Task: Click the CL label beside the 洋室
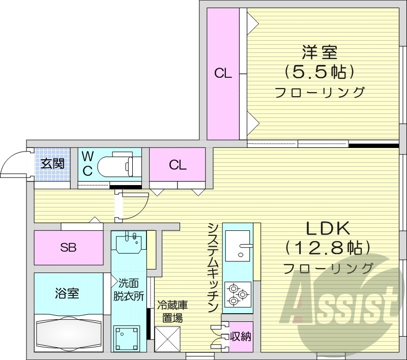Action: [x=223, y=73]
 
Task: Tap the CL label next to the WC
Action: [x=178, y=165]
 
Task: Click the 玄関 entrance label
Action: [x=52, y=163]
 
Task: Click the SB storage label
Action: [x=68, y=248]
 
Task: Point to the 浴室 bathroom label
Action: [x=67, y=293]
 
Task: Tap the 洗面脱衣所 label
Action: [x=130, y=290]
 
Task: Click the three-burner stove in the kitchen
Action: [x=238, y=293]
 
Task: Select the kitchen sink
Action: [x=238, y=246]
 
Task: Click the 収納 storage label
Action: [x=239, y=336]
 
